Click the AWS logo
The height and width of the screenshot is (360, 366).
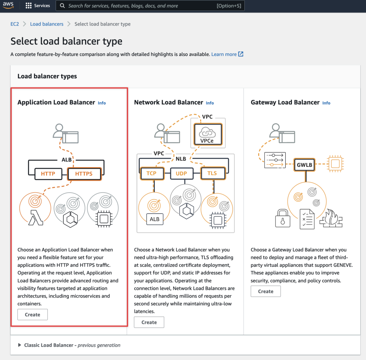click(x=8, y=5)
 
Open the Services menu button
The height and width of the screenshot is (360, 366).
click(x=38, y=6)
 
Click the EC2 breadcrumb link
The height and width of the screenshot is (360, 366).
click(x=15, y=24)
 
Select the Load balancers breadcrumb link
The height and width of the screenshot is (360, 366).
click(x=47, y=24)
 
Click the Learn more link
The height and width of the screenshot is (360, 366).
click(x=227, y=54)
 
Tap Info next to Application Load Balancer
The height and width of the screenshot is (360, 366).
click(x=102, y=103)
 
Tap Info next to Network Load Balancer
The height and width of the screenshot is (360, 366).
click(x=210, y=103)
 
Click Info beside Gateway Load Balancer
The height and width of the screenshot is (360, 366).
click(x=326, y=103)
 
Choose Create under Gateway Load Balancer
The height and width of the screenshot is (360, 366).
click(x=265, y=291)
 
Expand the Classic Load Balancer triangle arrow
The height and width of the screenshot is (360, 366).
click(x=19, y=345)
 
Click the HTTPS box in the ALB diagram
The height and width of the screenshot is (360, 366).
click(x=84, y=174)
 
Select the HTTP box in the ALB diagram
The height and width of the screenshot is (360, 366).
click(x=48, y=174)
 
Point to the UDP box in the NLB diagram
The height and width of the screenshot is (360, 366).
click(x=182, y=173)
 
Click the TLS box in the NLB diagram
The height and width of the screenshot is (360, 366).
click(x=213, y=173)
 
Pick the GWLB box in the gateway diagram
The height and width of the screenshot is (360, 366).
click(x=304, y=165)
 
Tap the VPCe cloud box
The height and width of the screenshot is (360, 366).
click(x=208, y=134)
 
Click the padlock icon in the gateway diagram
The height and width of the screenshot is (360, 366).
click(x=283, y=218)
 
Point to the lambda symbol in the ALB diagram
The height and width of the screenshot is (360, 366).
click(x=36, y=218)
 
